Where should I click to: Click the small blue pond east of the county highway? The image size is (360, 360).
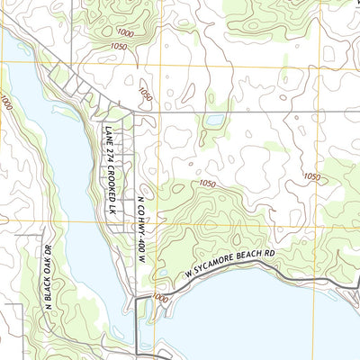pyautogui.click(x=214, y=120)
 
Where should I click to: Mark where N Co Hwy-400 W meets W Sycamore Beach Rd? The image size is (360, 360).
pyautogui.click(x=136, y=298)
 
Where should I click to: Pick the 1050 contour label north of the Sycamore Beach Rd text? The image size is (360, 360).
pyautogui.click(x=208, y=184)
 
